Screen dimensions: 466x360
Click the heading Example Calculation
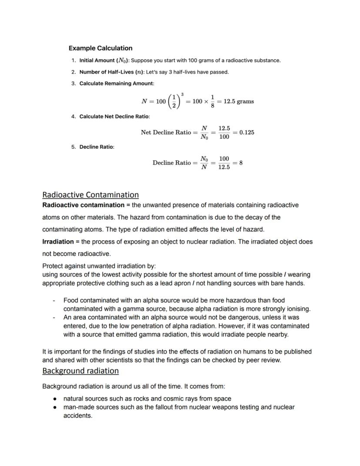click(x=100, y=48)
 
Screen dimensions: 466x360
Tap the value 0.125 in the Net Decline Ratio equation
click(x=247, y=132)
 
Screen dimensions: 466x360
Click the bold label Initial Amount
click(x=103, y=60)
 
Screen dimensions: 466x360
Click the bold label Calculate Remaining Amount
click(x=116, y=84)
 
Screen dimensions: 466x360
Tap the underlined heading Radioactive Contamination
click(x=90, y=194)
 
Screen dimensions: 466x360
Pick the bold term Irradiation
click(x=58, y=241)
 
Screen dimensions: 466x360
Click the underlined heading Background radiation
click(x=80, y=371)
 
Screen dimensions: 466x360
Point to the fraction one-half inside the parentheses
click(x=175, y=101)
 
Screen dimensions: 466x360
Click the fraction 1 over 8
click(x=212, y=101)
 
